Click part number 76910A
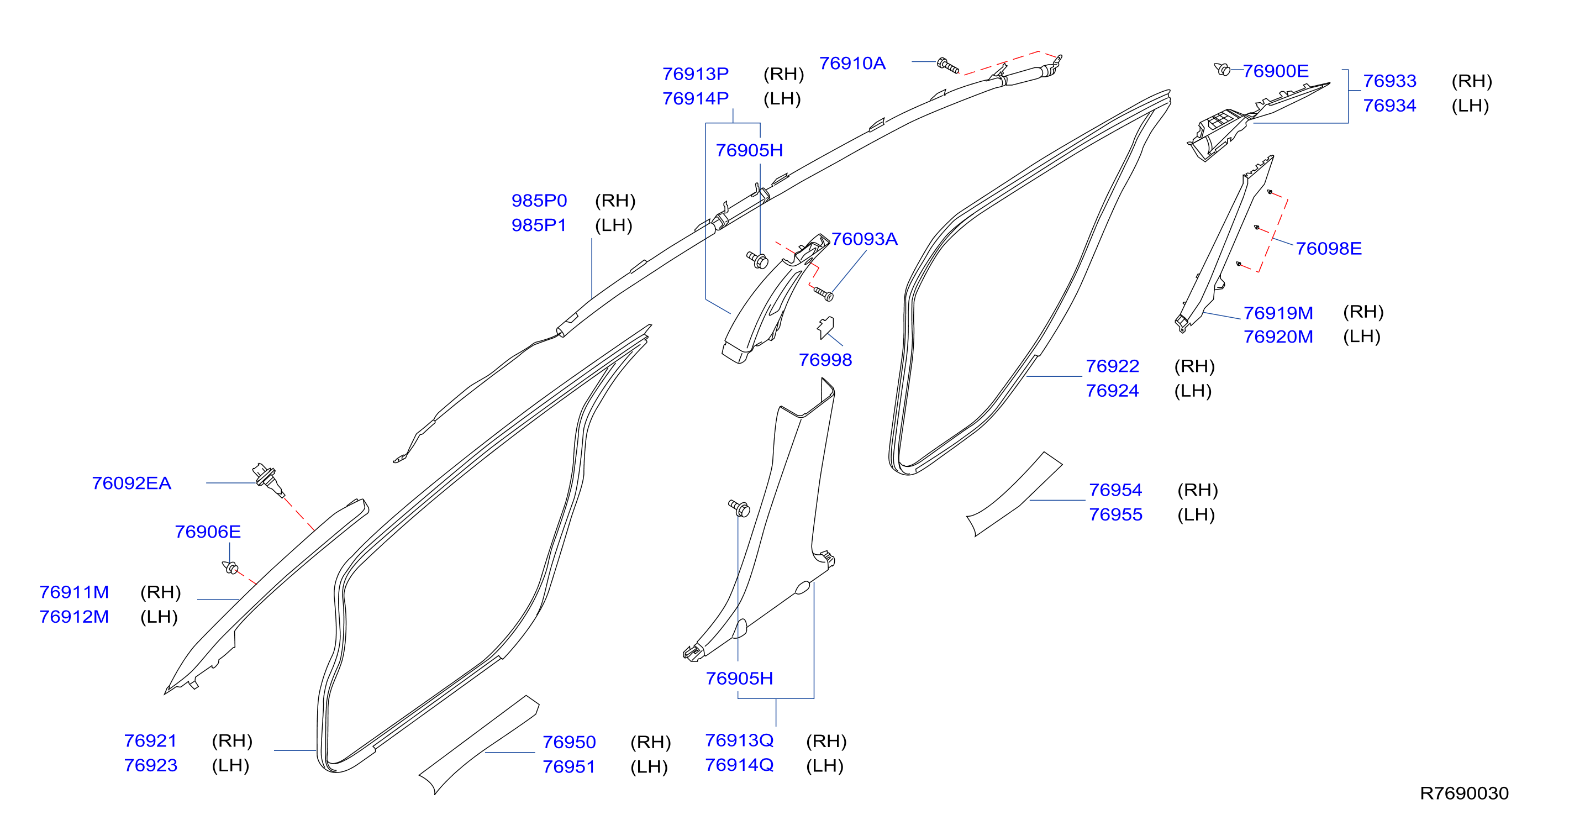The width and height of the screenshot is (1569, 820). click(852, 64)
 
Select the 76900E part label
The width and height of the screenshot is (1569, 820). click(1276, 71)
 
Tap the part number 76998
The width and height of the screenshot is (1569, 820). click(825, 360)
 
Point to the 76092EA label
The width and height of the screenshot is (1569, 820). click(131, 483)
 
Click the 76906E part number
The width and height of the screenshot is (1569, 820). click(208, 532)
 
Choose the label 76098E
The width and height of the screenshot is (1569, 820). click(1329, 249)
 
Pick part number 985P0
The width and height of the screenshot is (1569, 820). click(539, 201)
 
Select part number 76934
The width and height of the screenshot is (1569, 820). click(1389, 106)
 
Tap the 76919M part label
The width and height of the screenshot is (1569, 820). click(1278, 313)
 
